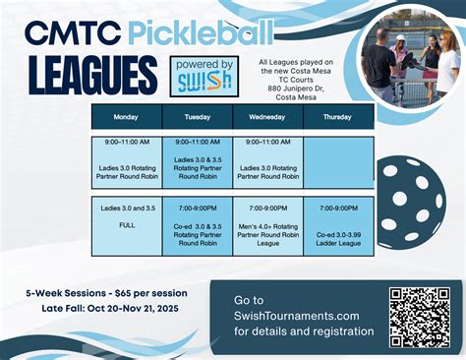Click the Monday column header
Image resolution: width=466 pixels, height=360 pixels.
pyautogui.click(x=126, y=117)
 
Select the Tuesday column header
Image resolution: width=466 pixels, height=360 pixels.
pyautogui.click(x=197, y=117)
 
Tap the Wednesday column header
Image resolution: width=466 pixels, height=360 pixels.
pyautogui.click(x=267, y=117)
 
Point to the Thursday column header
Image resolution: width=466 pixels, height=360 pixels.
pyautogui.click(x=338, y=117)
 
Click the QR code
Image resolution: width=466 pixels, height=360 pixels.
pyautogui.click(x=420, y=315)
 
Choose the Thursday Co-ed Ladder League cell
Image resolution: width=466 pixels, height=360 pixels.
pyautogui.click(x=338, y=225)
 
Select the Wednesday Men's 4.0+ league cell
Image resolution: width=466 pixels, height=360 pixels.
pyautogui.click(x=267, y=225)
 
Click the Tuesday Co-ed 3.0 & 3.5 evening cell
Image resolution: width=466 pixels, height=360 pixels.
pyautogui.click(x=197, y=225)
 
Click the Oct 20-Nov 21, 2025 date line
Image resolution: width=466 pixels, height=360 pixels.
pyautogui.click(x=123, y=309)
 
